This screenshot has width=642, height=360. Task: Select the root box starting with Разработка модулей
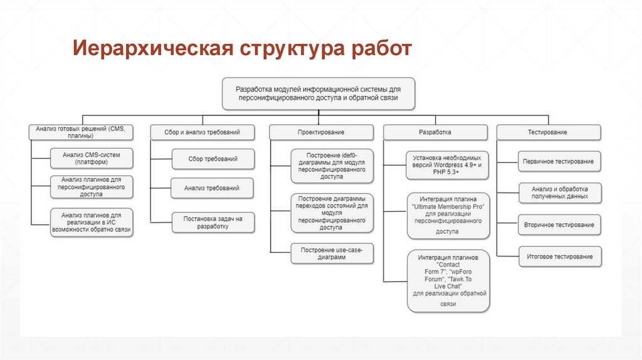[x=318, y=93]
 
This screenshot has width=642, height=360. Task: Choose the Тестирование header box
[x=549, y=132]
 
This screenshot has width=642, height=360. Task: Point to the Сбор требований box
[x=213, y=159]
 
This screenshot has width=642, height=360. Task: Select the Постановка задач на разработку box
[x=213, y=222]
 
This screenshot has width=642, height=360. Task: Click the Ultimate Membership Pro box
[x=448, y=215]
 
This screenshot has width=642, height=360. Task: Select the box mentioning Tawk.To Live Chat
[x=448, y=280]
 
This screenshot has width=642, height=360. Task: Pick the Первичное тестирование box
[x=559, y=161]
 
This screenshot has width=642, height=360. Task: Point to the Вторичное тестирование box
[x=559, y=225]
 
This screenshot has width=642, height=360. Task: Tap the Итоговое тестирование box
[x=559, y=256]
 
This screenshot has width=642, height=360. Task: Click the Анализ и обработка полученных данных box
[x=559, y=193]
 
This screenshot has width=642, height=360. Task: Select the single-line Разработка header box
[x=434, y=132]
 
